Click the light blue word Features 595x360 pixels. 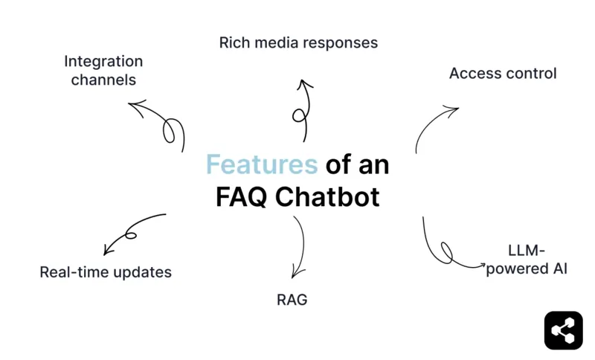click(262, 164)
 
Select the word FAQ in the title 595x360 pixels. click(240, 197)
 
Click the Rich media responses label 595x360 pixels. click(298, 42)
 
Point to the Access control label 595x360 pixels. click(503, 74)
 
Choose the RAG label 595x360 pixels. click(292, 300)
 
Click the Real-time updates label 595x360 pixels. click(106, 272)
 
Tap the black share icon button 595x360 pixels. click(563, 330)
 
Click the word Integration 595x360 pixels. click(103, 61)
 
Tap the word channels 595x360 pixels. click(103, 80)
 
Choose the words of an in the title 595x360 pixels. click(357, 164)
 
